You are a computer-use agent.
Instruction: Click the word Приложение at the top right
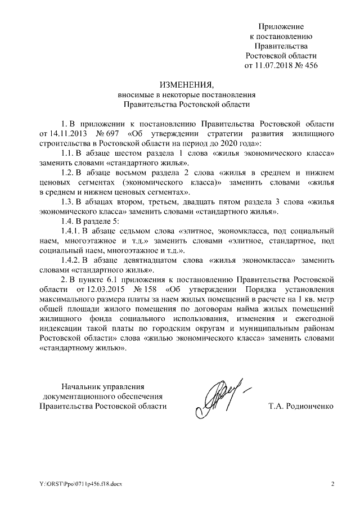[281, 26]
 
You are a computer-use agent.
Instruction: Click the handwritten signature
[219, 397]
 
